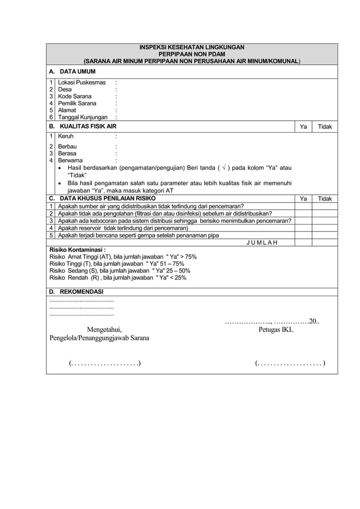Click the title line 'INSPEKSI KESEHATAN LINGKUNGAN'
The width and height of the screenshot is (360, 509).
coord(192,47)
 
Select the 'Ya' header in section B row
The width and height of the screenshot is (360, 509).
coord(303,127)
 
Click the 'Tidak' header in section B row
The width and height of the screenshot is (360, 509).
coord(324,127)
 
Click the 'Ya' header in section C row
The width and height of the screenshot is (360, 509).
coord(303,199)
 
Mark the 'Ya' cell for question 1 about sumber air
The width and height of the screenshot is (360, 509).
coord(303,207)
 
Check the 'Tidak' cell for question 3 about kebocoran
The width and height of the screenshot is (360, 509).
coord(324,221)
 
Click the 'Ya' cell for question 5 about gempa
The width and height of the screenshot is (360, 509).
coord(303,235)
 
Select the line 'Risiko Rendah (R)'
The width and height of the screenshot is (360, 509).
coord(117,278)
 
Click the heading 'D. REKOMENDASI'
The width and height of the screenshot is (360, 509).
coord(76,292)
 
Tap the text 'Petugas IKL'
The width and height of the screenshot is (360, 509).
coord(275,330)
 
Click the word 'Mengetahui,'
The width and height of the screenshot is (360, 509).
coord(104,330)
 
